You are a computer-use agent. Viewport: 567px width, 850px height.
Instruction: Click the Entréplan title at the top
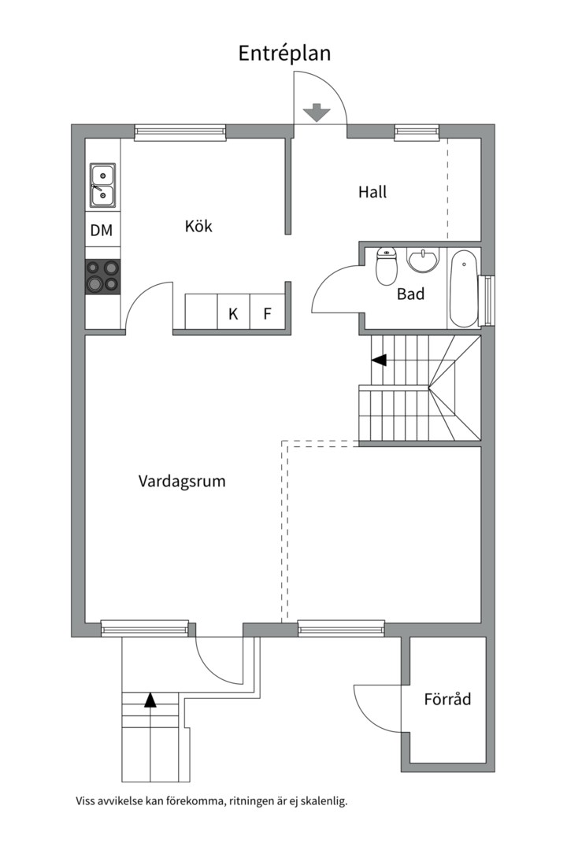pyautogui.click(x=284, y=53)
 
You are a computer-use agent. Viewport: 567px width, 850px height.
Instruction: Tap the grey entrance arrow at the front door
pyautogui.click(x=317, y=113)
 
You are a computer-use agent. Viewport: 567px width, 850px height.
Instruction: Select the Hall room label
pyautogui.click(x=372, y=191)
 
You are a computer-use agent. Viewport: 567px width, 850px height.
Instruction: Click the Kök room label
pyautogui.click(x=198, y=227)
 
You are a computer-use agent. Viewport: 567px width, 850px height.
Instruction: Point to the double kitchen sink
pyautogui.click(x=102, y=185)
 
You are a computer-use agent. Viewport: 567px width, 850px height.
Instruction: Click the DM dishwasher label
pyautogui.click(x=102, y=231)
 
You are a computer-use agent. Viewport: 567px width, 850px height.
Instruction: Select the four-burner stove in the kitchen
pyautogui.click(x=103, y=277)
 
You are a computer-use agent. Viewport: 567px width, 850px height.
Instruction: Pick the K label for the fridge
pyautogui.click(x=233, y=313)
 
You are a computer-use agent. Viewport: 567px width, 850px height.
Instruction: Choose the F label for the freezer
pyautogui.click(x=267, y=313)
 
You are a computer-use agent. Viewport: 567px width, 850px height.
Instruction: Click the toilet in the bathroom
pyautogui.click(x=386, y=268)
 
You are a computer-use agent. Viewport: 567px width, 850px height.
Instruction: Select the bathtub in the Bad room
pyautogui.click(x=463, y=287)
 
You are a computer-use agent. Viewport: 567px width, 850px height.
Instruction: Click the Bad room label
pyautogui.click(x=410, y=294)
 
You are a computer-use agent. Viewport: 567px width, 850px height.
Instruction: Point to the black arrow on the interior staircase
pyautogui.click(x=380, y=360)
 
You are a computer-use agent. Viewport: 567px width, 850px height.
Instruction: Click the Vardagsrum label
pyautogui.click(x=182, y=481)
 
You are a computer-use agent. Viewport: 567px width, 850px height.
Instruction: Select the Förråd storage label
pyautogui.click(x=447, y=698)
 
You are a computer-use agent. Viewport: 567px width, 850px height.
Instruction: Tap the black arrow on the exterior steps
pyautogui.click(x=150, y=700)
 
